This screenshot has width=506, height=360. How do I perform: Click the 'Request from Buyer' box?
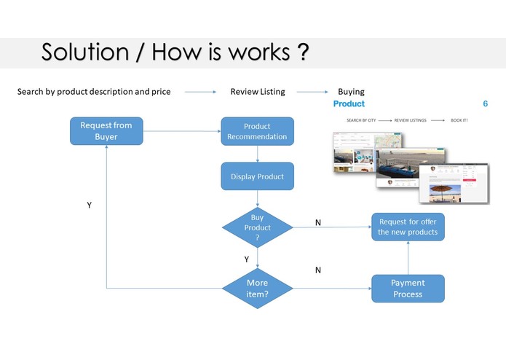(106, 130)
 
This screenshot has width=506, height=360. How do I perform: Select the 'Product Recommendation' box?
(257, 131)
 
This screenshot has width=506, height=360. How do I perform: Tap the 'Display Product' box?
(257, 176)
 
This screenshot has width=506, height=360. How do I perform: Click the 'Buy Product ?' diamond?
(257, 227)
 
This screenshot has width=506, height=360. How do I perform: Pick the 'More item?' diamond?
(257, 288)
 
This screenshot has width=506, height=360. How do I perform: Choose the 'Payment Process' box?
(408, 289)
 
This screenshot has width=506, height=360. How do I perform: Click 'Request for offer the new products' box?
(408, 227)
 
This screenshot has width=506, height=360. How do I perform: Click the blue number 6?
(486, 104)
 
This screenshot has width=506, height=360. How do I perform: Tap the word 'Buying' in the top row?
(351, 92)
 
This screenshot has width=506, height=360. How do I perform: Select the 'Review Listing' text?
(258, 92)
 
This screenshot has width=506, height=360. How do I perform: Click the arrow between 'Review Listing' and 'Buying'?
(313, 93)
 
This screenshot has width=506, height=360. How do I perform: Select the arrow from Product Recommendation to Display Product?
(257, 153)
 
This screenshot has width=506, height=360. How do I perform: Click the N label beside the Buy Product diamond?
(318, 222)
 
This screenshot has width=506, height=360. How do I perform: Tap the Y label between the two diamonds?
(247, 259)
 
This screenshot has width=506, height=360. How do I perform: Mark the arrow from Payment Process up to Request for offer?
(408, 258)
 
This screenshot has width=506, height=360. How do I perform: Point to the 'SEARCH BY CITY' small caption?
(363, 120)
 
